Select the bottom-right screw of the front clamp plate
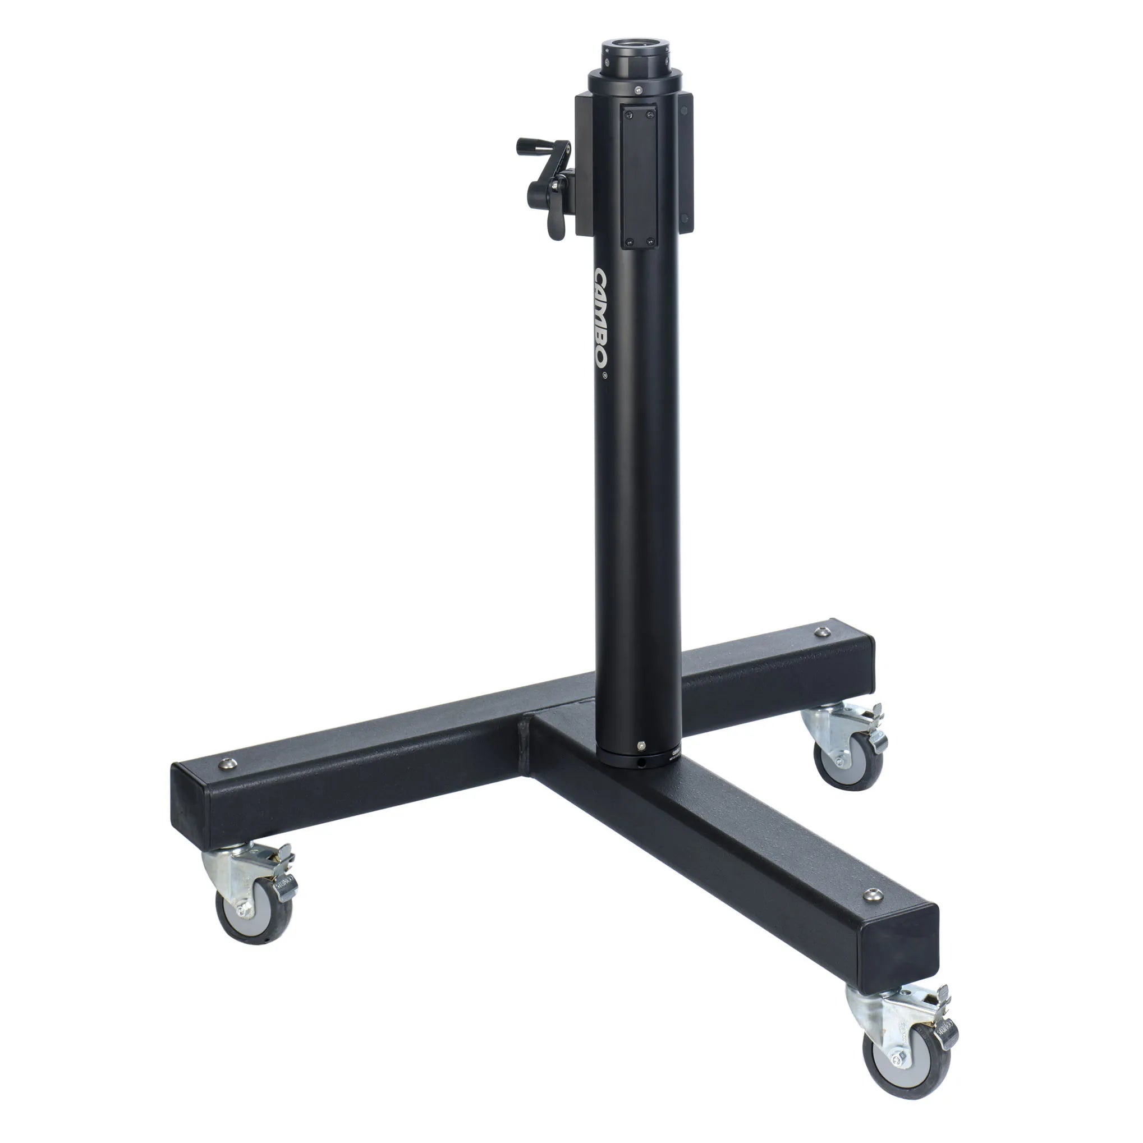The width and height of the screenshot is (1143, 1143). pos(651,241)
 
